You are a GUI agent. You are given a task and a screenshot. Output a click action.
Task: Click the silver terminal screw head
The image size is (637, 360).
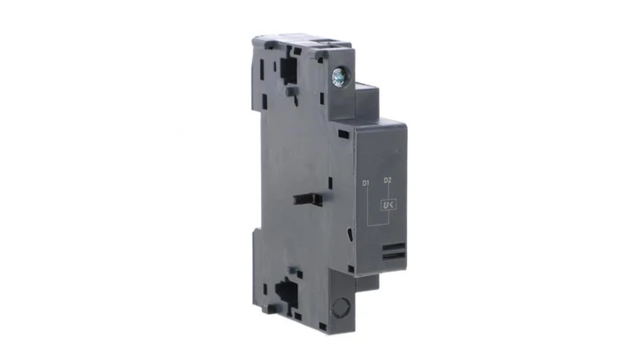(x=338, y=76)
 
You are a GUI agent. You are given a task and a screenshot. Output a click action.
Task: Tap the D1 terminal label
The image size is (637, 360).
(x=365, y=183)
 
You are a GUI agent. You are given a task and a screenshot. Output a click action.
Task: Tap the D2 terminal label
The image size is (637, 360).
(x=388, y=180)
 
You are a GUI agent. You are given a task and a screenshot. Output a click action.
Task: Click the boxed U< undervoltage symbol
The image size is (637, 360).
(x=388, y=205)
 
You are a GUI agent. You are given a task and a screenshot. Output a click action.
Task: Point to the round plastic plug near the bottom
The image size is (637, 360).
(x=341, y=307)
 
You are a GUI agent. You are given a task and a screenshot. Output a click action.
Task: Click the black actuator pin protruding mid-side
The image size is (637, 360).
(x=308, y=200)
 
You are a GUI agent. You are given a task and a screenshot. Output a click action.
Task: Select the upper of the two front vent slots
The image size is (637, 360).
(x=393, y=247)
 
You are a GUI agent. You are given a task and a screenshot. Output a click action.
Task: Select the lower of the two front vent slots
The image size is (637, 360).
(x=394, y=256)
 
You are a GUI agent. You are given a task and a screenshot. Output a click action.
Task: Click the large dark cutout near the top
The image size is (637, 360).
(x=288, y=69)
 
